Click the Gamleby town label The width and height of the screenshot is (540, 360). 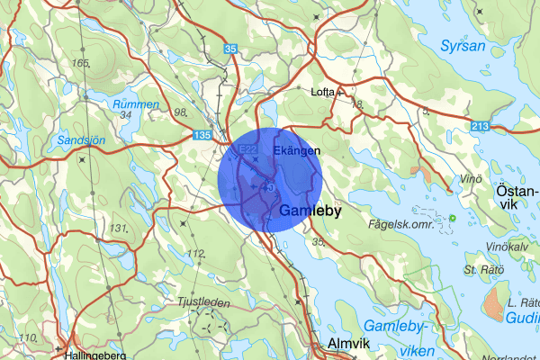pyautogui.click(x=310, y=211)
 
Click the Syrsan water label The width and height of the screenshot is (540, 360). pyautogui.click(x=463, y=46)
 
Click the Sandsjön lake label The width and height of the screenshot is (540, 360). pyautogui.click(x=80, y=141)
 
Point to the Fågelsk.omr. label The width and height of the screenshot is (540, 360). pyautogui.click(x=401, y=224)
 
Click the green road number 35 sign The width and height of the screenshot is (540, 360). pyautogui.click(x=231, y=49)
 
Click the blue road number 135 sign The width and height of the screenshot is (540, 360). pyautogui.click(x=203, y=135)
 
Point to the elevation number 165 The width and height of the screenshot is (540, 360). pyautogui.click(x=83, y=63)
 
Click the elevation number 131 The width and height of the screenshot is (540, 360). pyautogui.click(x=118, y=228)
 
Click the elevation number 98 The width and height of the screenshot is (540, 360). pyautogui.click(x=180, y=112)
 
